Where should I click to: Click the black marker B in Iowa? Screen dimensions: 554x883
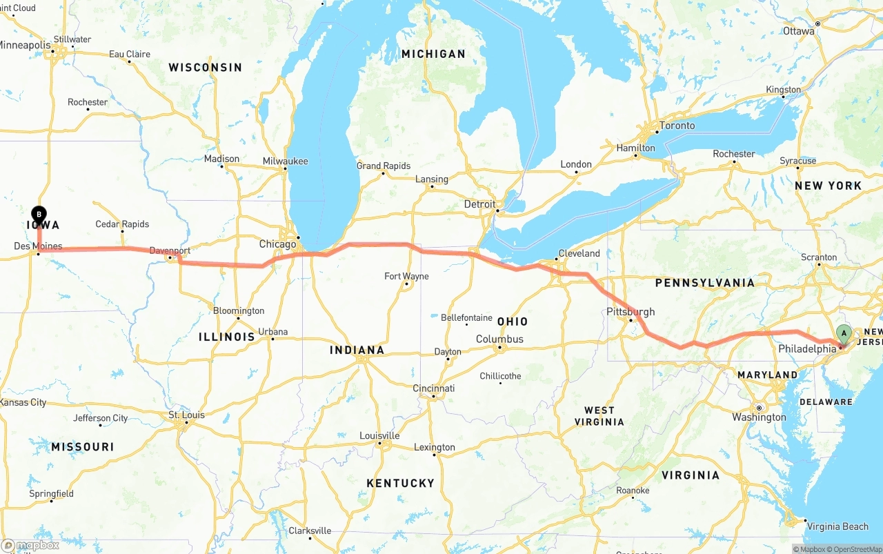(39, 215)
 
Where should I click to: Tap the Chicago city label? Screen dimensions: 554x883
(277, 244)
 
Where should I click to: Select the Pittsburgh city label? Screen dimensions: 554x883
(630, 312)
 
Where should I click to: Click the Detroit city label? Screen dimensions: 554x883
(479, 204)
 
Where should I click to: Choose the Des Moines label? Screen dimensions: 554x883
(38, 246)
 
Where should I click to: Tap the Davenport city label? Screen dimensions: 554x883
(170, 250)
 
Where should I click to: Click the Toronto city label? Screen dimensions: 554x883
(677, 126)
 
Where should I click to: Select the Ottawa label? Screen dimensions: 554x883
(798, 31)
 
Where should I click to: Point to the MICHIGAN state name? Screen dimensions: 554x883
(433, 54)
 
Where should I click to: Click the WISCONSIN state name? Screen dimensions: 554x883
(206, 68)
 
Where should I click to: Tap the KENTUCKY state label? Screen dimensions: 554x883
(400, 483)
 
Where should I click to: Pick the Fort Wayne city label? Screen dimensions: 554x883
(406, 276)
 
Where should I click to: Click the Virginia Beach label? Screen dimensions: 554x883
(837, 526)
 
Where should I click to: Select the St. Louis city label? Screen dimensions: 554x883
(186, 415)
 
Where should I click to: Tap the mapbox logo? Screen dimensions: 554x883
(30, 545)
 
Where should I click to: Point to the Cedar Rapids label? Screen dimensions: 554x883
(122, 224)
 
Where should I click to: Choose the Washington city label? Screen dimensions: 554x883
(759, 417)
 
